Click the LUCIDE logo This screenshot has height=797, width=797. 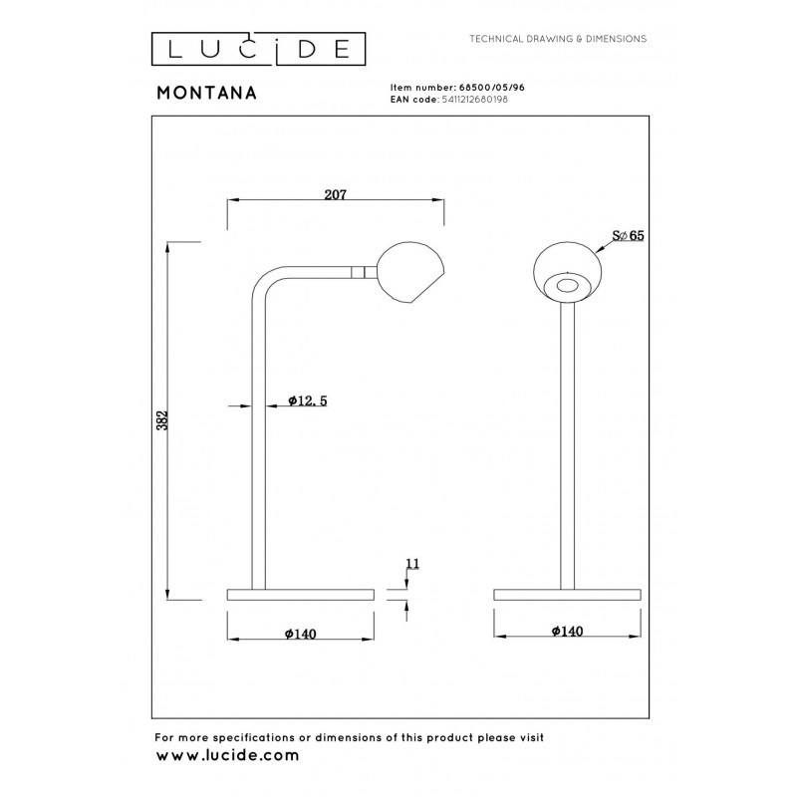pyautogui.click(x=258, y=49)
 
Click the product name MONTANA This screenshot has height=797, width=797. pyautogui.click(x=207, y=93)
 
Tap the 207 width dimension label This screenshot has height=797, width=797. pyautogui.click(x=336, y=194)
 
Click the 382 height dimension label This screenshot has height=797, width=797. pyautogui.click(x=161, y=420)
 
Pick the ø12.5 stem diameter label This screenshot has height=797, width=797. pyautogui.click(x=308, y=401)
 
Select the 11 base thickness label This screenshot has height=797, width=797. pyautogui.click(x=412, y=564)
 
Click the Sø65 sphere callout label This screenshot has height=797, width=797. pyautogui.click(x=628, y=235)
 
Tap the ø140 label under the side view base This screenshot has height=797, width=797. pyautogui.click(x=301, y=634)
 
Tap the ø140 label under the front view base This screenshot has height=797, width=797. pyautogui.click(x=567, y=631)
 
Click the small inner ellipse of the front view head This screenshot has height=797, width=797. pyautogui.click(x=567, y=286)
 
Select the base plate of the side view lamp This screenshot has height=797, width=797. pyautogui.click(x=301, y=595)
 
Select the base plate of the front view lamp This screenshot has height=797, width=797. pyautogui.click(x=567, y=595)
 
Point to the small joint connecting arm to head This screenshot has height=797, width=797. pyautogui.click(x=365, y=272)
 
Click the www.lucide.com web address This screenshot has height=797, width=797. pyautogui.click(x=227, y=756)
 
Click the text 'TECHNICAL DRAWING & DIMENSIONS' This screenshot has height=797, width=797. pyautogui.click(x=558, y=39)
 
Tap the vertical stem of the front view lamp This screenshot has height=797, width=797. pyautogui.click(x=567, y=445)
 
